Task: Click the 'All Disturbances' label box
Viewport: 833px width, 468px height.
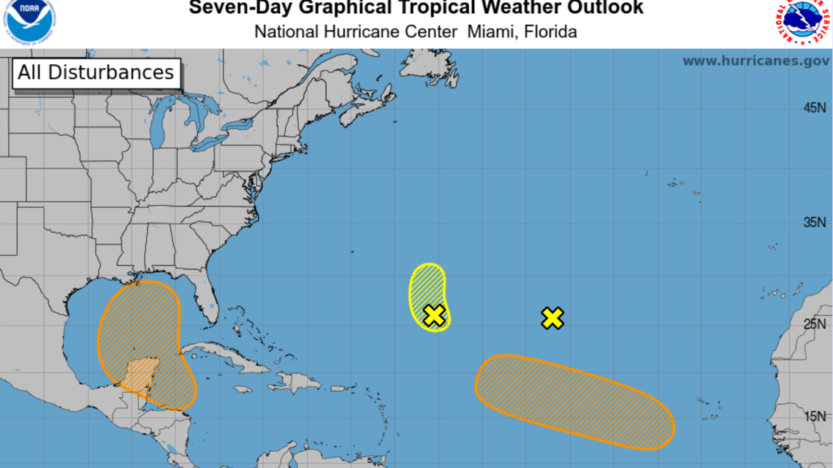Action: (96, 73)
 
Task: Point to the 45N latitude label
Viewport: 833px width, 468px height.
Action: (815, 108)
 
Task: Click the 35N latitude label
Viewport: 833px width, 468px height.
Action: (815, 222)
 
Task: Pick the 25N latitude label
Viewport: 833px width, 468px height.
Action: (815, 324)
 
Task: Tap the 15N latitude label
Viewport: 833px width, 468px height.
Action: (815, 416)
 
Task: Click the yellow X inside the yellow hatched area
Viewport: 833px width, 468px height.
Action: (434, 315)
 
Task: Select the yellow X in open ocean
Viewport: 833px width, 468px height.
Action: (553, 318)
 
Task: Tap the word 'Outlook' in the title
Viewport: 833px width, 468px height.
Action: (604, 9)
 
